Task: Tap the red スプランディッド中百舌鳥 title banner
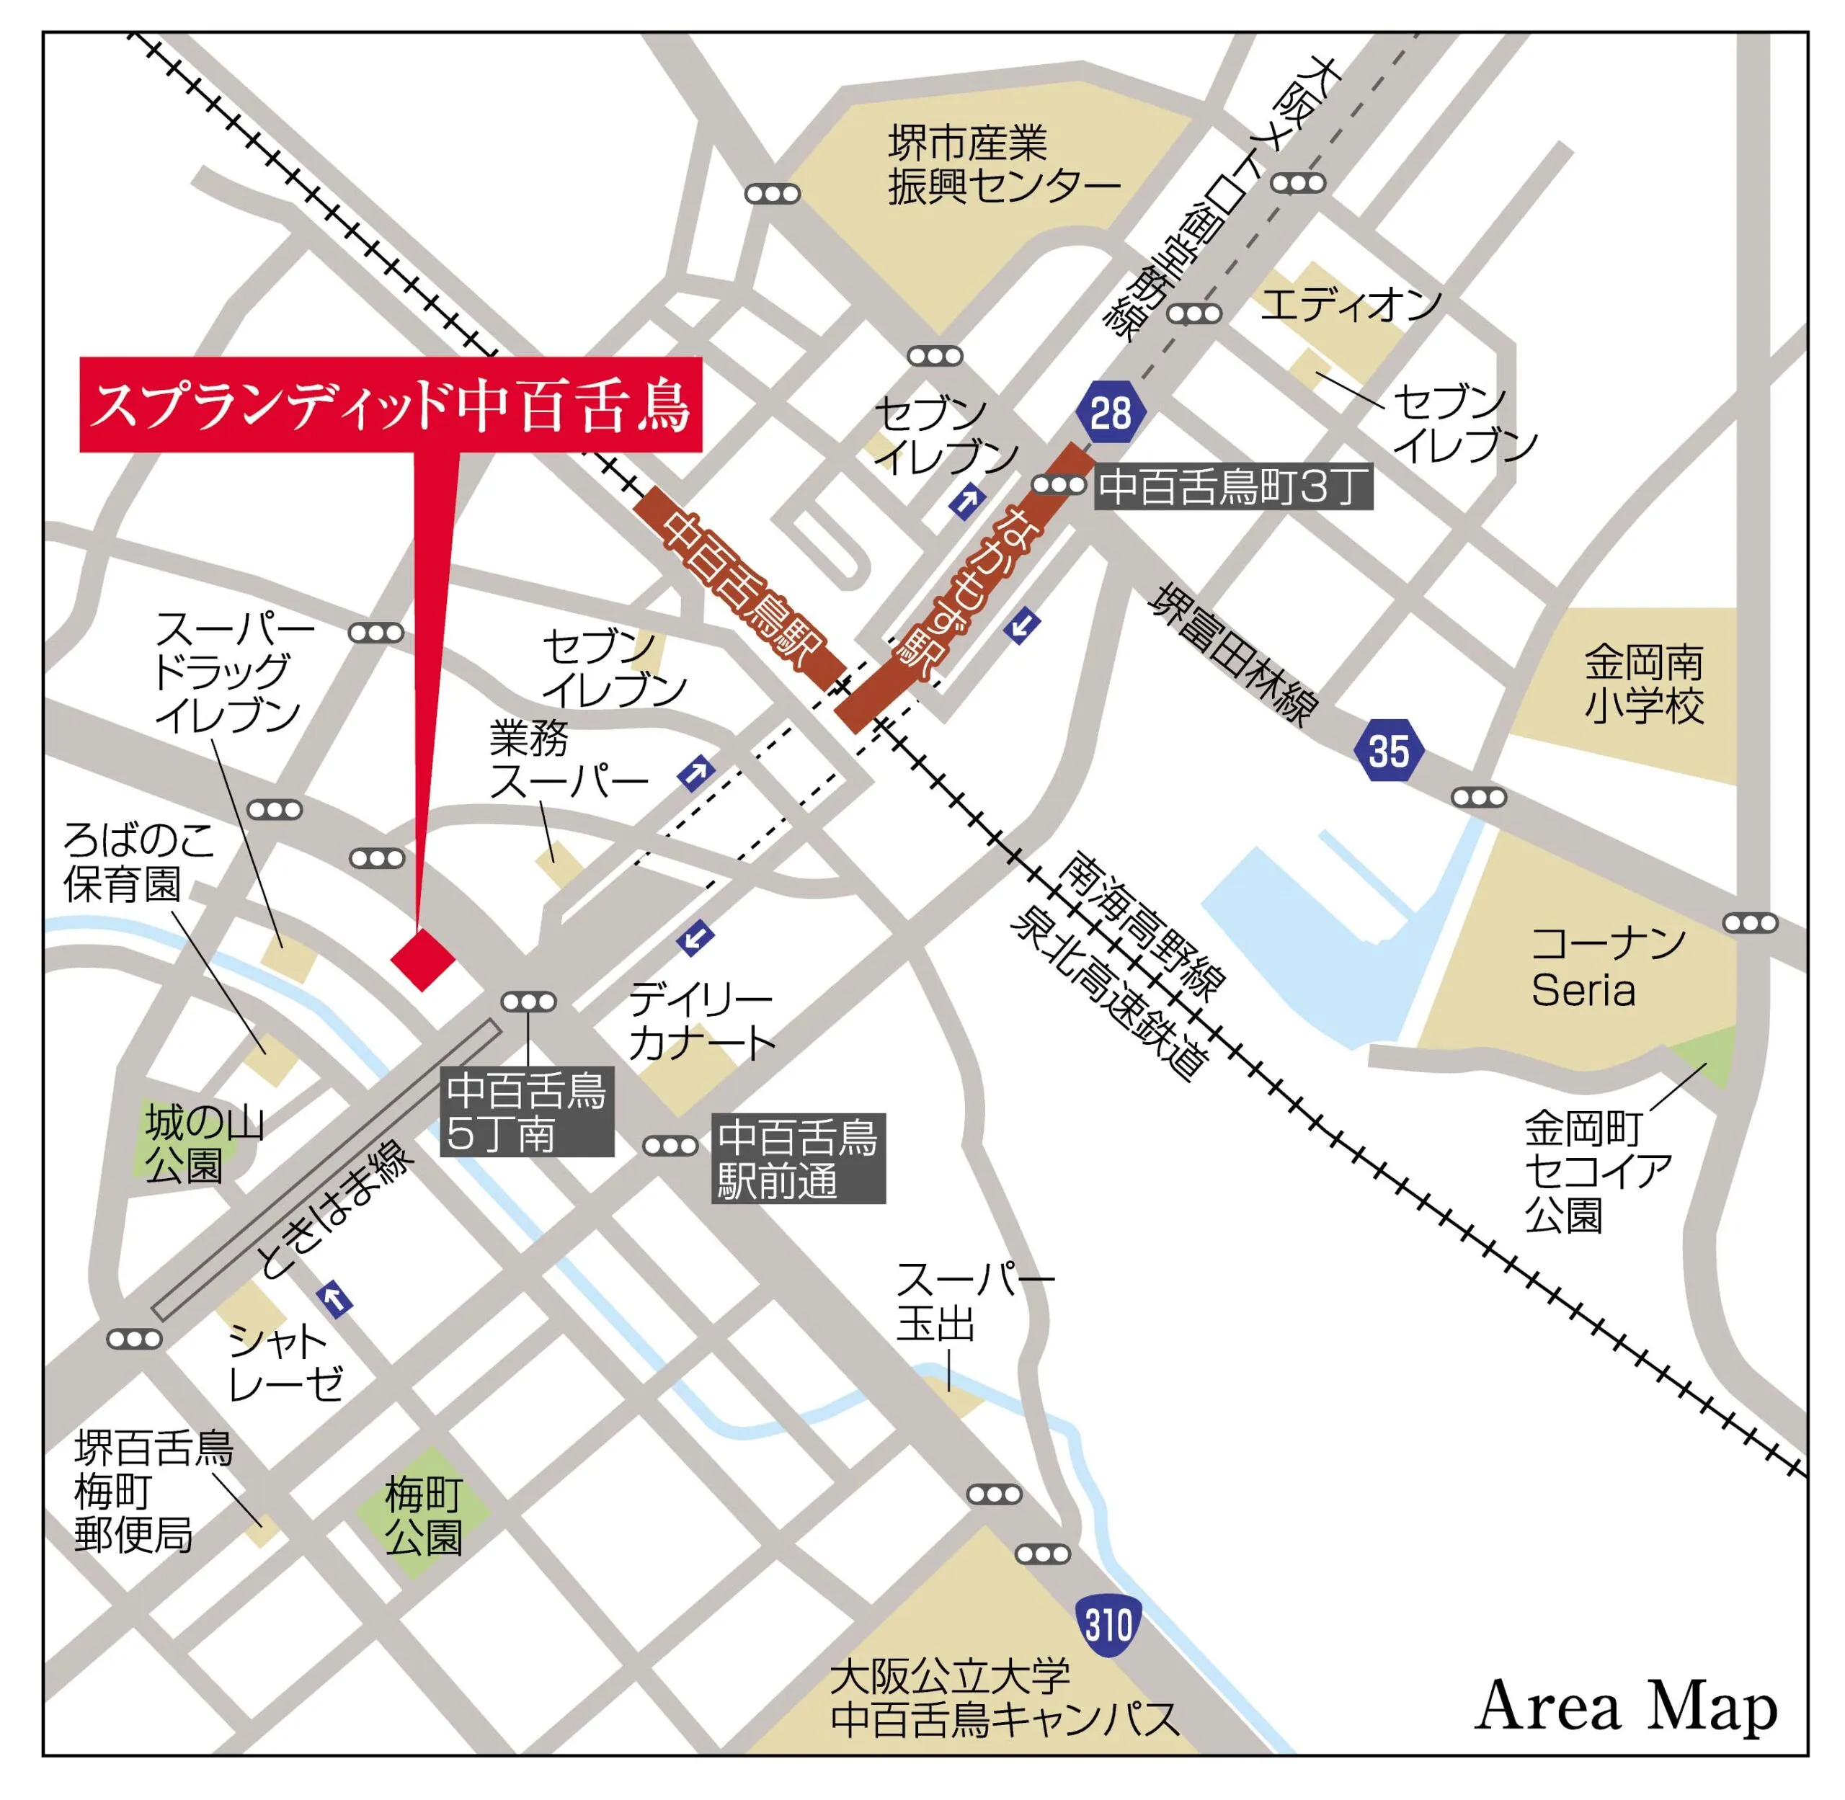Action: [390, 405]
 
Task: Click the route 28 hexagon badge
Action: [1110, 413]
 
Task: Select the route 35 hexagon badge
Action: [1388, 752]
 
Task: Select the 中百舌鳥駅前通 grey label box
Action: [797, 1158]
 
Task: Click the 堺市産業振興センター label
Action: [1002, 166]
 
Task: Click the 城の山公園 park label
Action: [203, 1144]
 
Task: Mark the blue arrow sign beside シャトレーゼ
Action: [334, 1300]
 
